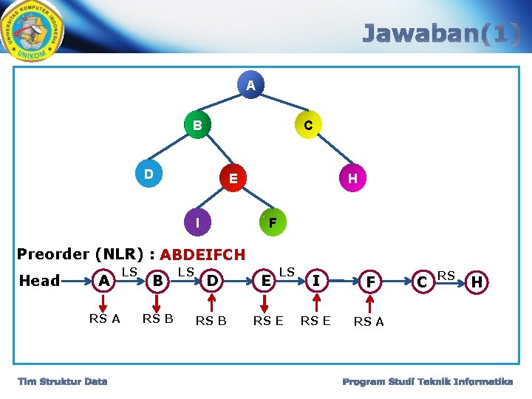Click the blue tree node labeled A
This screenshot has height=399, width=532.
coord(251,86)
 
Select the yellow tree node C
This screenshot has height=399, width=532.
coord(308,126)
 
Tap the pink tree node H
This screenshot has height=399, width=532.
coord(352,178)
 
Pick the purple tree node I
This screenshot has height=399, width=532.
coord(197,222)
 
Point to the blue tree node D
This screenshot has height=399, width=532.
coord(149,175)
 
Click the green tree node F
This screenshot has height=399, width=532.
coord(272,222)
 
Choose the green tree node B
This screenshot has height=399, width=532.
coord(197,125)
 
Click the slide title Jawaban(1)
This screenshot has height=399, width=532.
coord(441,34)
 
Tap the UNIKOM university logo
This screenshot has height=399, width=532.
coord(33,31)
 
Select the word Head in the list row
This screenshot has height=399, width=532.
coord(39,280)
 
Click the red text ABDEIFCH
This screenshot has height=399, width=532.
coord(202,255)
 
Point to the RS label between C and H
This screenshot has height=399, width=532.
coord(446,275)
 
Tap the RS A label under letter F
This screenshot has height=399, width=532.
coord(369,321)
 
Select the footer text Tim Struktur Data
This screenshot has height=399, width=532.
coord(63,381)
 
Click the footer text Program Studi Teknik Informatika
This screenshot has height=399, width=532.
coord(428,381)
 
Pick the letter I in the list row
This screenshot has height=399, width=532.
coord(316,281)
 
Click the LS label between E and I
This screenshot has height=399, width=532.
coord(287,272)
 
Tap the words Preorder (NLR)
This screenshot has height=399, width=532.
coord(81,254)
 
